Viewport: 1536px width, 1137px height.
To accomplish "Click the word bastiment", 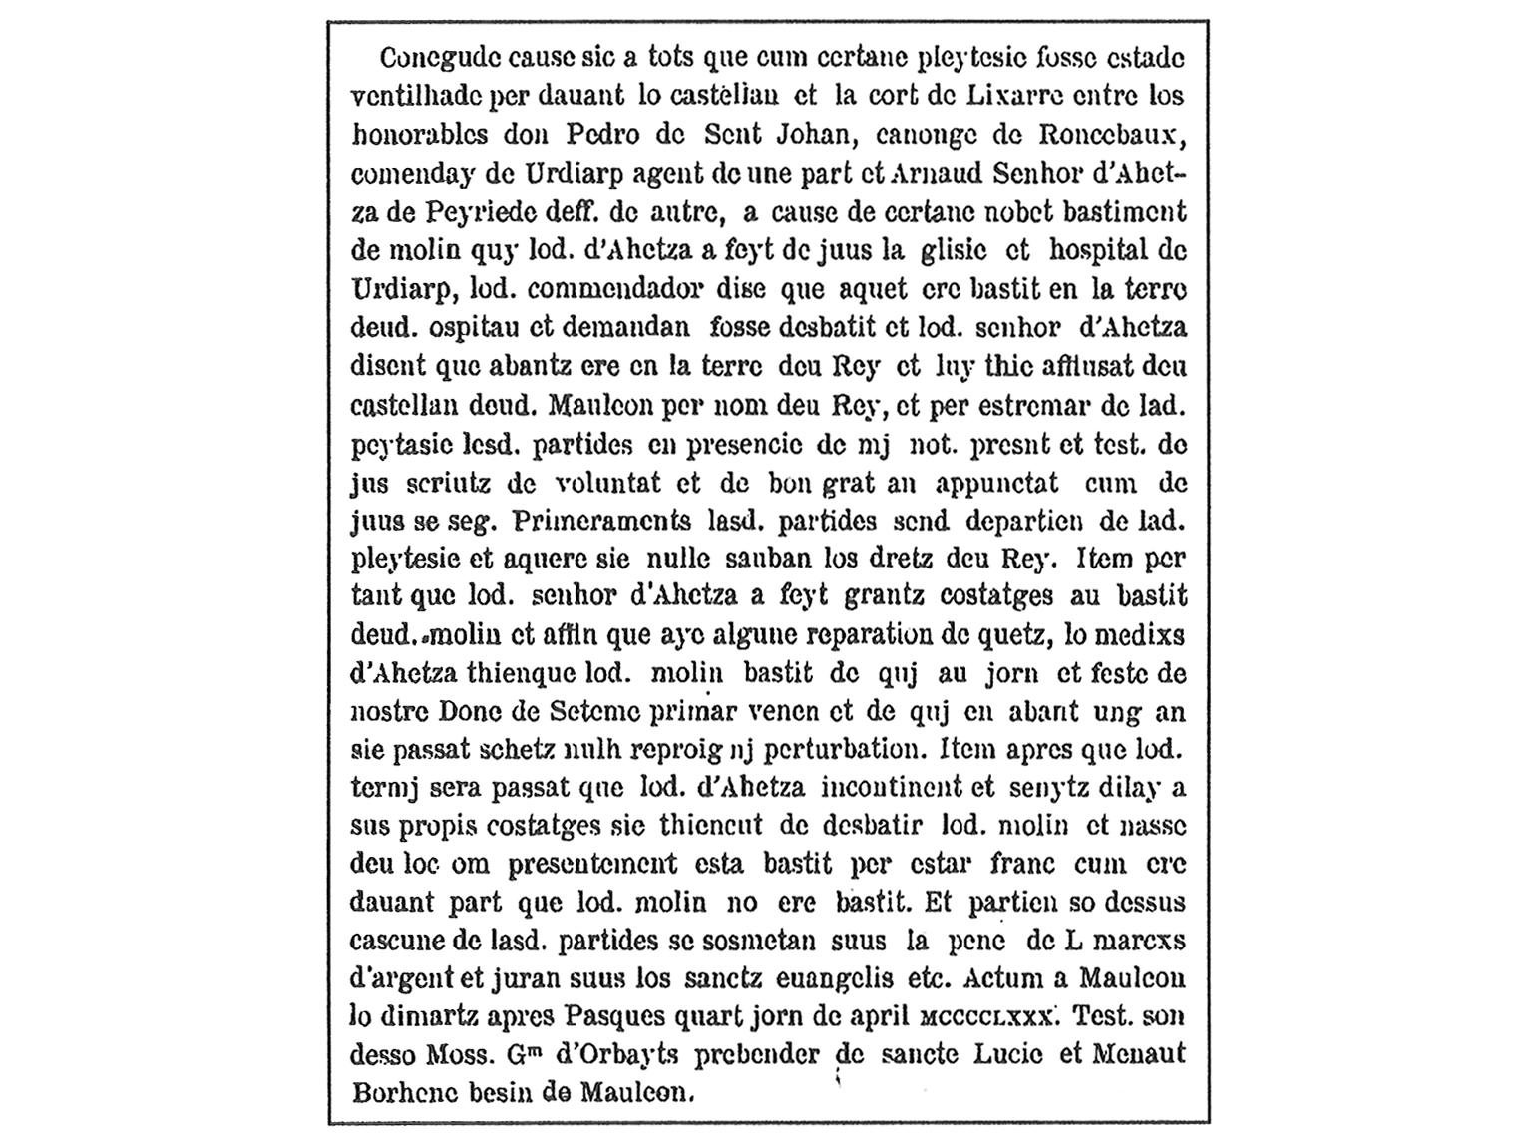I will click(1121, 211).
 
